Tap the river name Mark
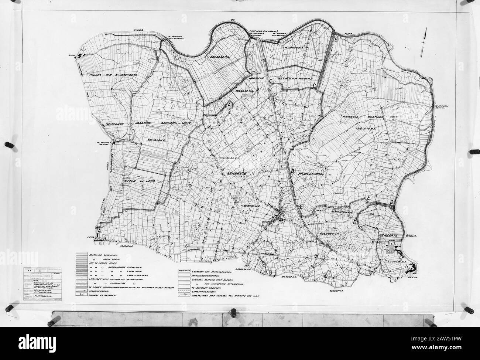pos(349,34)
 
